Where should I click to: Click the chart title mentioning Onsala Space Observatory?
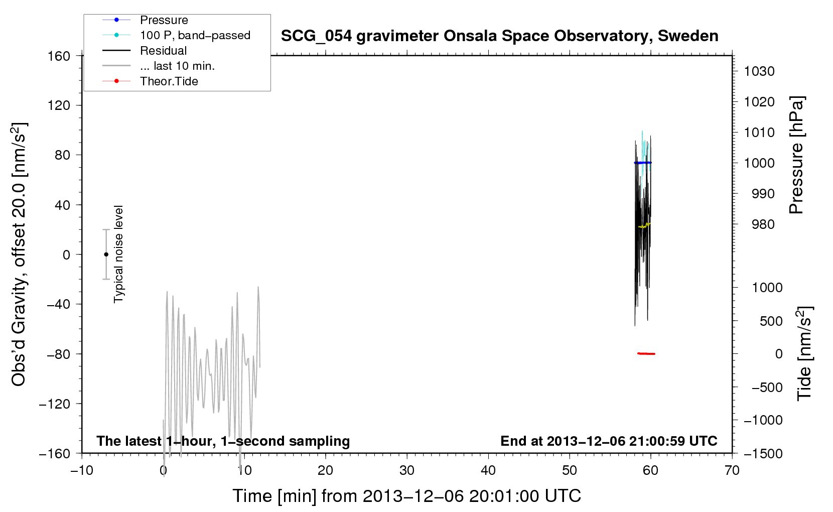pyautogui.click(x=499, y=36)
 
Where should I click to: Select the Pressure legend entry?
pyautogui.click(x=146, y=20)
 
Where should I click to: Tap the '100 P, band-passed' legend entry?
pyautogui.click(x=177, y=35)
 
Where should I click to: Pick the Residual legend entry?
pyautogui.click(x=145, y=50)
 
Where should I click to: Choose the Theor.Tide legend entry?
pyautogui.click(x=150, y=81)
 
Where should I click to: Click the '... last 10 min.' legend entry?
pyautogui.click(x=159, y=66)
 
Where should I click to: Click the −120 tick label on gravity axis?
pyautogui.click(x=55, y=404)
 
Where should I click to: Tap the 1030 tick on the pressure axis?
pyautogui.click(x=759, y=71)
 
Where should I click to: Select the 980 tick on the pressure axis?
pyautogui.click(x=763, y=224)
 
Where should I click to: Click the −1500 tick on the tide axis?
pyautogui.click(x=763, y=454)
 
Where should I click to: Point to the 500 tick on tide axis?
pyautogui.click(x=771, y=321)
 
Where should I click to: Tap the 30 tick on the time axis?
pyautogui.click(x=407, y=470)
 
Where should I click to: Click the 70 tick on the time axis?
pyautogui.click(x=732, y=470)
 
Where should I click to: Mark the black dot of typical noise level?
pyautogui.click(x=106, y=254)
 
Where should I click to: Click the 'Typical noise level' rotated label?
pyautogui.click(x=118, y=254)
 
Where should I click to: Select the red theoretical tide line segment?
pyautogui.click(x=646, y=353)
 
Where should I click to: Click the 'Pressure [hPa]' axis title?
pyautogui.click(x=796, y=155)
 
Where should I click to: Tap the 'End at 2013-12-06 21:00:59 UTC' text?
pyautogui.click(x=609, y=441)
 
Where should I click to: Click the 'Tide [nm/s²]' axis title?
pyautogui.click(x=804, y=353)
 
